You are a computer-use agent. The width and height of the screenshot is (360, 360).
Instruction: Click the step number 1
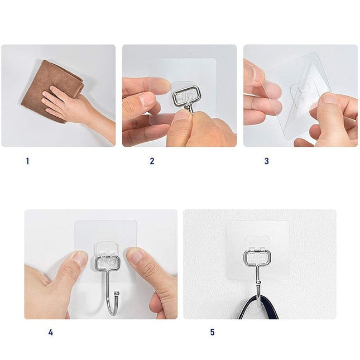click(x=27, y=161)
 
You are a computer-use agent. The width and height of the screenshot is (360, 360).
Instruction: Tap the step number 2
click(x=152, y=161)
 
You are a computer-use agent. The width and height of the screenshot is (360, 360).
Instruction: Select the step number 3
click(x=267, y=161)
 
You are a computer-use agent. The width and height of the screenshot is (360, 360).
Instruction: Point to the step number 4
click(x=51, y=332)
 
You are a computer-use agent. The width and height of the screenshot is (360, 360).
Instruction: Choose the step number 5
click(x=213, y=332)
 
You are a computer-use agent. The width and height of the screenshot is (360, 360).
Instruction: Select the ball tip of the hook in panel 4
click(x=117, y=293)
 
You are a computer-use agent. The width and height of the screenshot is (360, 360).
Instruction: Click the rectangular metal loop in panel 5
click(x=257, y=258)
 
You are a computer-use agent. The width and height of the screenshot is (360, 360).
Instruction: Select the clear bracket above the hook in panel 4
click(x=106, y=249)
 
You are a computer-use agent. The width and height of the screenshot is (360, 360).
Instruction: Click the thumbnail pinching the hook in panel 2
click(x=183, y=116)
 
